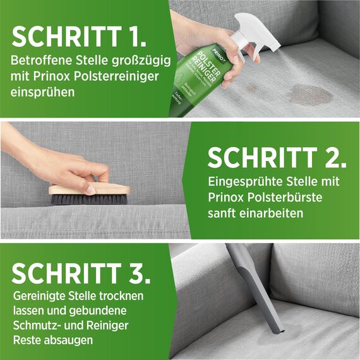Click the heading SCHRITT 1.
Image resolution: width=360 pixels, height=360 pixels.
tap(79, 37)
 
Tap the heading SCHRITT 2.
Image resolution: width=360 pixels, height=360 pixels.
tap(277, 157)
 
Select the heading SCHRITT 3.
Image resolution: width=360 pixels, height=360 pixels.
tap(81, 273)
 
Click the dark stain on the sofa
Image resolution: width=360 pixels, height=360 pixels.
tap(310, 95)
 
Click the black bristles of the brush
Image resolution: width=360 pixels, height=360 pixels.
tap(88, 199)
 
